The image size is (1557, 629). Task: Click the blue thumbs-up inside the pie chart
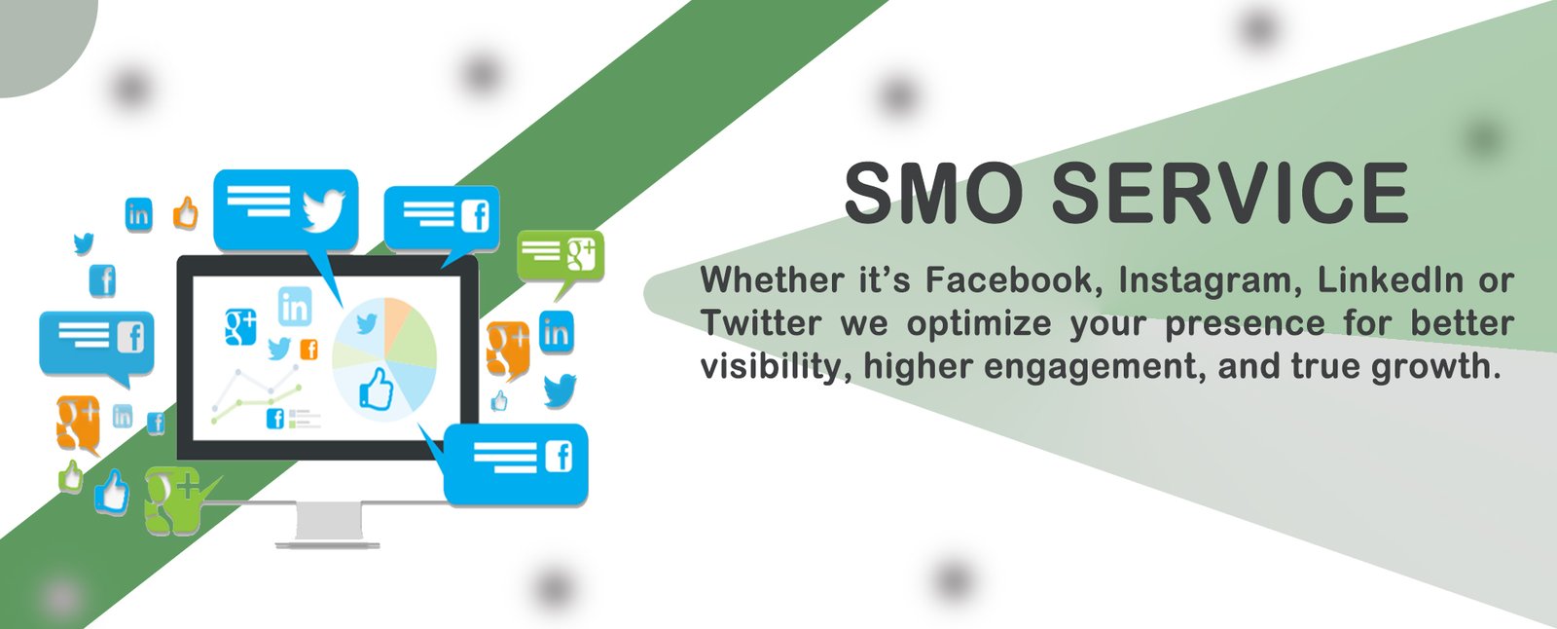376,388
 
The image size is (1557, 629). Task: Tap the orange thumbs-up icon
186,213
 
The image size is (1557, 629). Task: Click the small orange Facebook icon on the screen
308,350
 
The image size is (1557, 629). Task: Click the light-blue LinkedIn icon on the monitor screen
295,306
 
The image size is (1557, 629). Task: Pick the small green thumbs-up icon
71,477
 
